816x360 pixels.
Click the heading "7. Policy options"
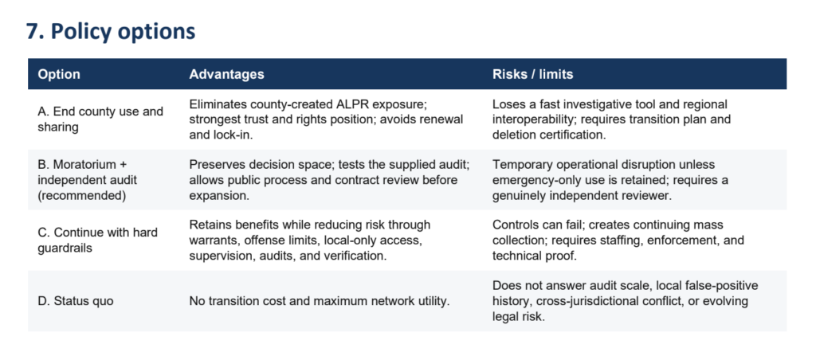(x=111, y=32)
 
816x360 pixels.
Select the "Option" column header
(x=59, y=74)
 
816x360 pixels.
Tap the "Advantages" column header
(x=226, y=74)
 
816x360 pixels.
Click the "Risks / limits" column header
(x=532, y=74)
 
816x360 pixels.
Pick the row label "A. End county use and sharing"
(x=100, y=119)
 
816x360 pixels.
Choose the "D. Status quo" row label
(x=76, y=301)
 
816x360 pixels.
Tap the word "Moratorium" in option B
(x=84, y=165)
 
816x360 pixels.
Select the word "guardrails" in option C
(x=65, y=248)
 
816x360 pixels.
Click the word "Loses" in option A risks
(x=507, y=104)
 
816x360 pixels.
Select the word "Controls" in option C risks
(x=514, y=225)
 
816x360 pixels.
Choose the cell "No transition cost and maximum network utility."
(x=319, y=301)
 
